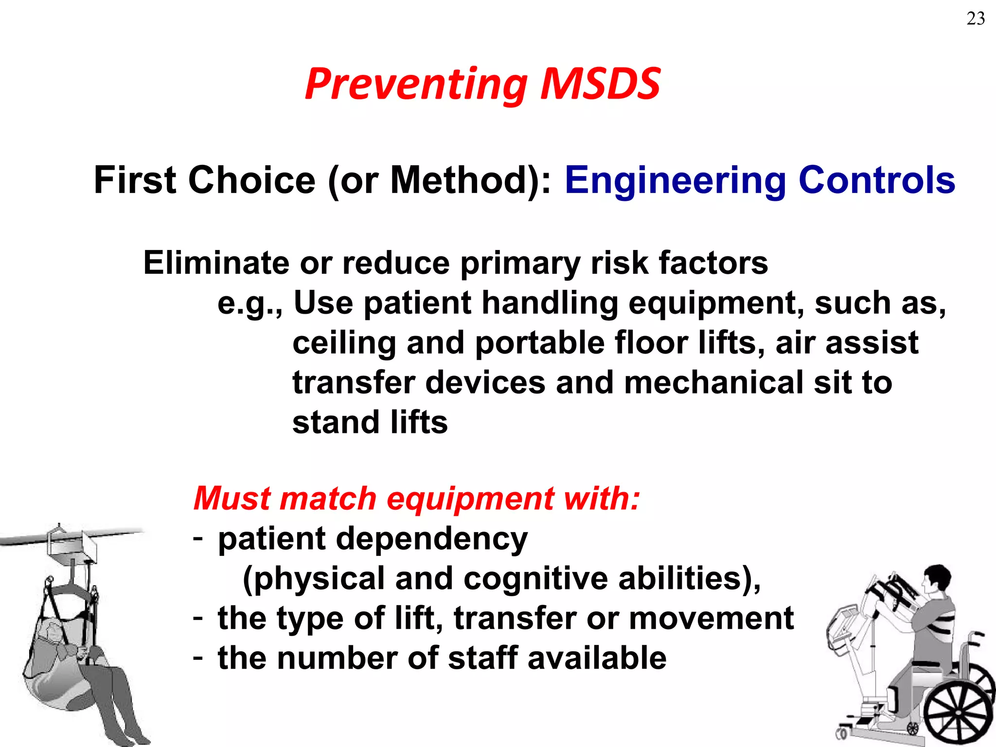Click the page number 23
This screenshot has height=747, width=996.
coord(976,19)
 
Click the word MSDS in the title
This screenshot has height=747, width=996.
coord(600,84)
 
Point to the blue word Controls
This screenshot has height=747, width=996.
coord(876,180)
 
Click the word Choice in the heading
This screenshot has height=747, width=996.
coord(251,180)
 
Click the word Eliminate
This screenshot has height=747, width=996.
coord(216,263)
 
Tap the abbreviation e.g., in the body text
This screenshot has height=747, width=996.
coord(249,304)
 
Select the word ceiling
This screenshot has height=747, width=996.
coord(344,344)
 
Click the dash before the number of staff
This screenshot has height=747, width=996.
coord(197,658)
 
